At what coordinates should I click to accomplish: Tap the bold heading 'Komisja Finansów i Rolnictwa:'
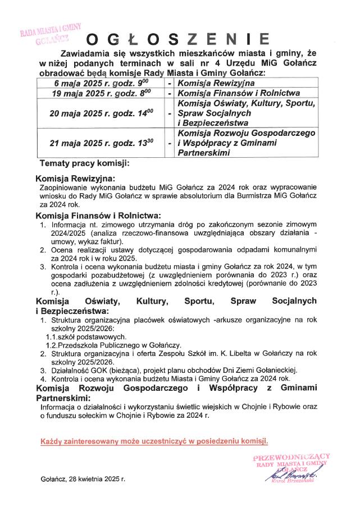pyautogui.click(x=98, y=216)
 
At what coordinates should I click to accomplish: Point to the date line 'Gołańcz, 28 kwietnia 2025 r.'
pyautogui.click(x=83, y=479)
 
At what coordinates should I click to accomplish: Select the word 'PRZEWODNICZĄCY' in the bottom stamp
pyautogui.click(x=291, y=458)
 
